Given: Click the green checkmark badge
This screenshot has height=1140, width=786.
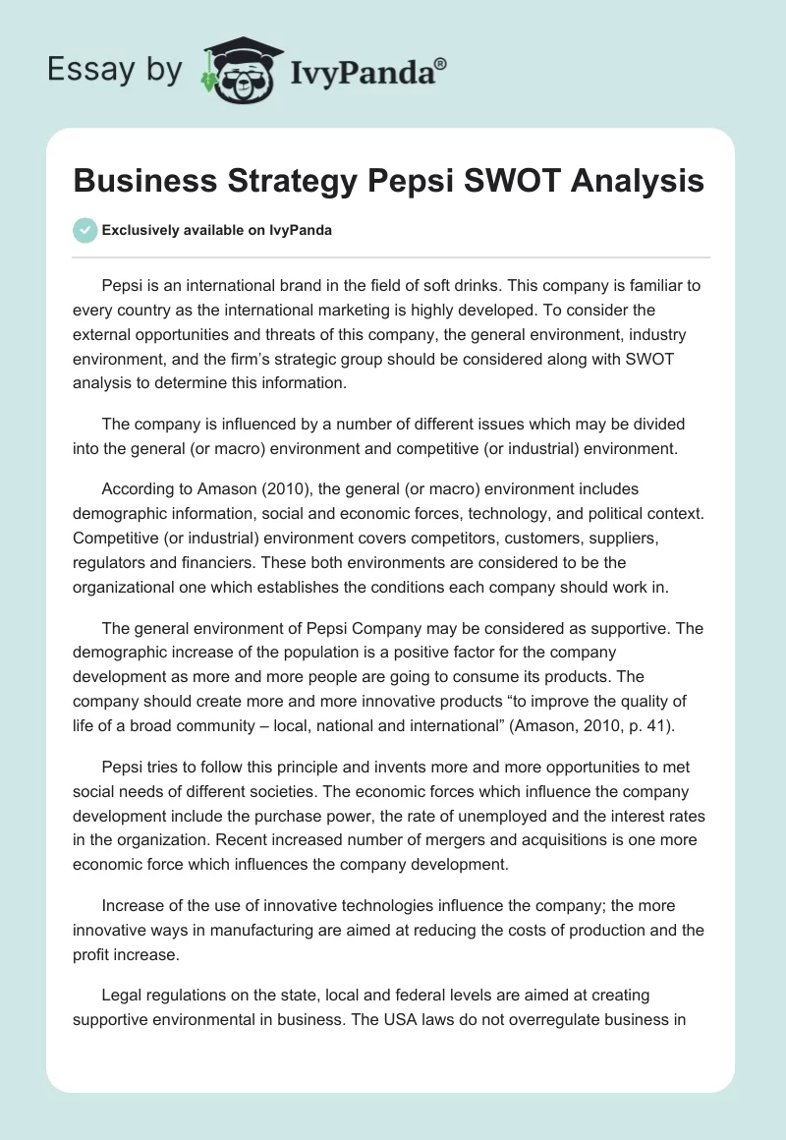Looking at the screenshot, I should (84, 230).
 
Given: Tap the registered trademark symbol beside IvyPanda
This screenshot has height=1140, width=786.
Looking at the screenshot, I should (440, 62).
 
